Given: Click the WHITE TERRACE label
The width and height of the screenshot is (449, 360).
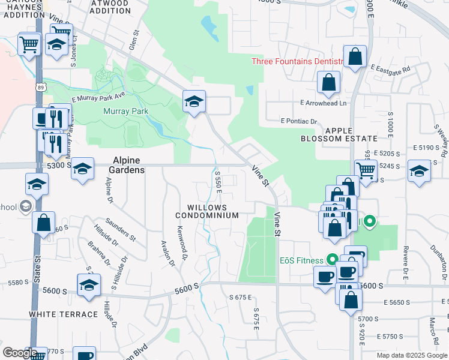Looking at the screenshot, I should tap(64, 314).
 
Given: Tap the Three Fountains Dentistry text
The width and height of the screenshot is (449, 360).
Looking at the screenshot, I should tap(297, 61).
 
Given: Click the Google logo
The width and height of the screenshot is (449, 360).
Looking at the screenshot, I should tap(19, 352).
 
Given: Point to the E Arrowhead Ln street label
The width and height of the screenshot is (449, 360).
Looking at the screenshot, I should tap(324, 103).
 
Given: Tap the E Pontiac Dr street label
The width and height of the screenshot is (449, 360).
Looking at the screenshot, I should tap(298, 121).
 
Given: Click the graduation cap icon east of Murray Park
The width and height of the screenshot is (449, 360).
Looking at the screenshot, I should tap(194, 101).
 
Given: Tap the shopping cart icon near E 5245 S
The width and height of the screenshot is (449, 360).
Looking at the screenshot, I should tap(366, 170).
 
